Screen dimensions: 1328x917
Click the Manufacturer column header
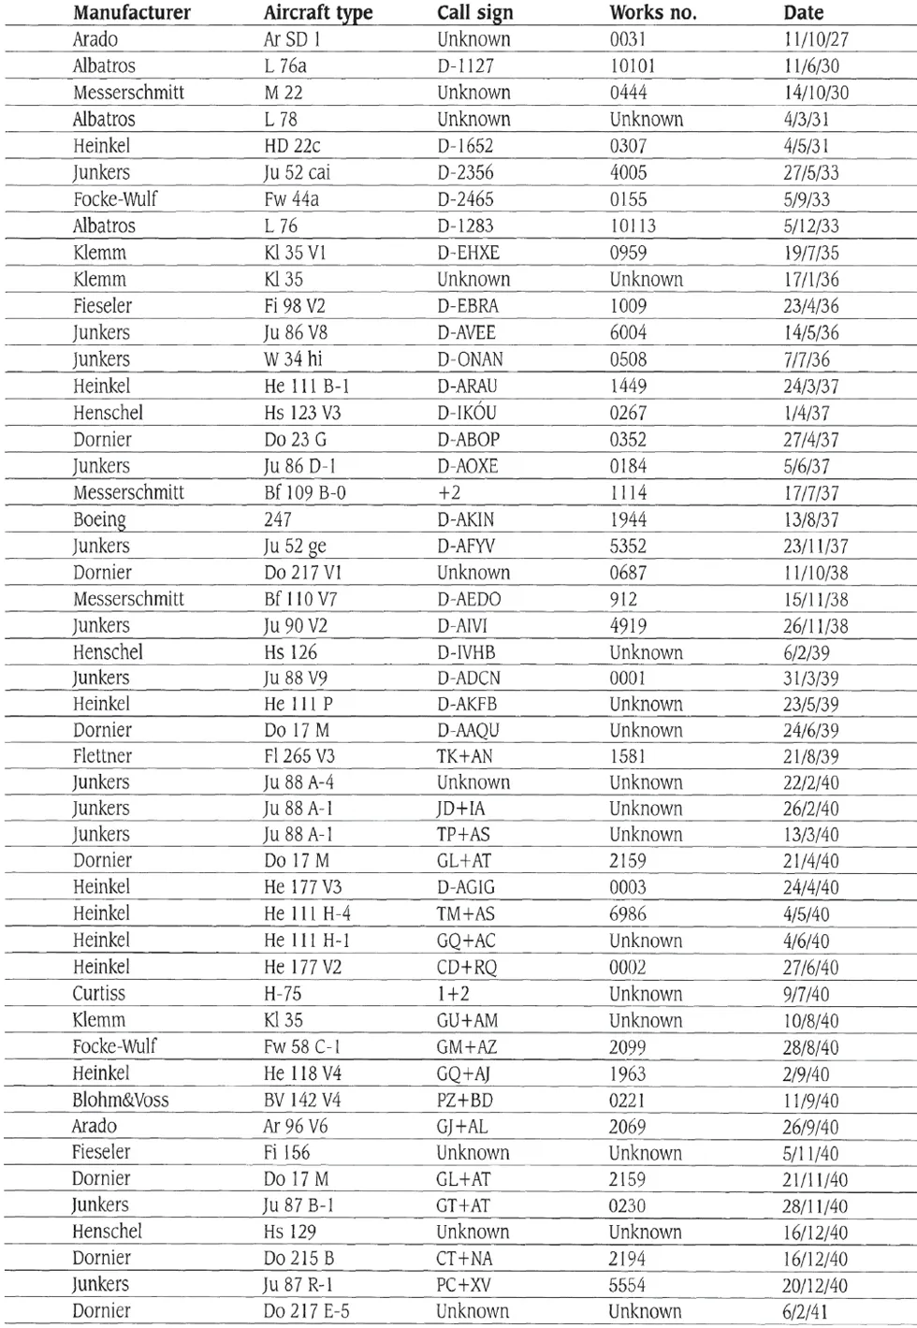(x=132, y=13)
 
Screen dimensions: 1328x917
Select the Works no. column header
(x=652, y=13)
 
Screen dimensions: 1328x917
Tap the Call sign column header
(x=474, y=13)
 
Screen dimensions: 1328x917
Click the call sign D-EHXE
(x=468, y=253)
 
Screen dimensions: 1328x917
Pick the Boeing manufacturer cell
(x=99, y=519)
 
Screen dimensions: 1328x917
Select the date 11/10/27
(x=816, y=40)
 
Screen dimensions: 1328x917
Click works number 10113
(x=633, y=226)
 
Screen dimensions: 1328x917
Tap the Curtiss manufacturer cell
(x=98, y=994)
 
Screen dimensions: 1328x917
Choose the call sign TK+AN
(x=464, y=756)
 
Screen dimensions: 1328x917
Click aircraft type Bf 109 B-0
(x=305, y=493)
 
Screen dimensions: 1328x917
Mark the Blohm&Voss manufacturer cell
(x=121, y=1101)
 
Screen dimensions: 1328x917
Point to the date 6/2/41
(x=805, y=1311)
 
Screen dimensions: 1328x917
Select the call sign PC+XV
(x=463, y=1285)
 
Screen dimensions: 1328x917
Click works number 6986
(x=627, y=914)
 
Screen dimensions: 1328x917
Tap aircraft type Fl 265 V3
(x=298, y=756)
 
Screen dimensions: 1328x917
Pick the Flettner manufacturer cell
(x=102, y=756)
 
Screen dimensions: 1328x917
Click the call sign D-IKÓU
(x=467, y=413)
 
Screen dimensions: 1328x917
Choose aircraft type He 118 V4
(x=302, y=1074)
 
